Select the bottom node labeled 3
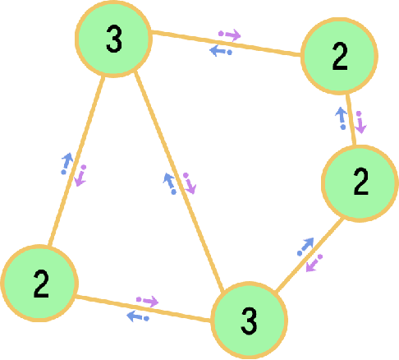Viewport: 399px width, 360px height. (250, 320)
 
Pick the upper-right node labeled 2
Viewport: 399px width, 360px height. (339, 58)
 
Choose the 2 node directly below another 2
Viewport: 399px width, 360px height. (360, 183)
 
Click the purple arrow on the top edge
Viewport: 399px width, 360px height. (229, 35)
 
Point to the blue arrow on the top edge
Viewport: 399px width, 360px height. (220, 51)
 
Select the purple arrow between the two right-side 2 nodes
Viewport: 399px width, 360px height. (360, 123)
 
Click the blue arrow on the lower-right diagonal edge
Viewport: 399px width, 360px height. (305, 247)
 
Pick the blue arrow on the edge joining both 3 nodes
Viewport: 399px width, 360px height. (170, 182)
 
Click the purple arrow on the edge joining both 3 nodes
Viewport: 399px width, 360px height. (189, 182)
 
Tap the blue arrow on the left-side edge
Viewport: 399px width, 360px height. (66, 164)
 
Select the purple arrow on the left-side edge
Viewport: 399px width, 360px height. (81, 175)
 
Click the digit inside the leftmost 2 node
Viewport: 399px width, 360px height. (40, 284)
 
